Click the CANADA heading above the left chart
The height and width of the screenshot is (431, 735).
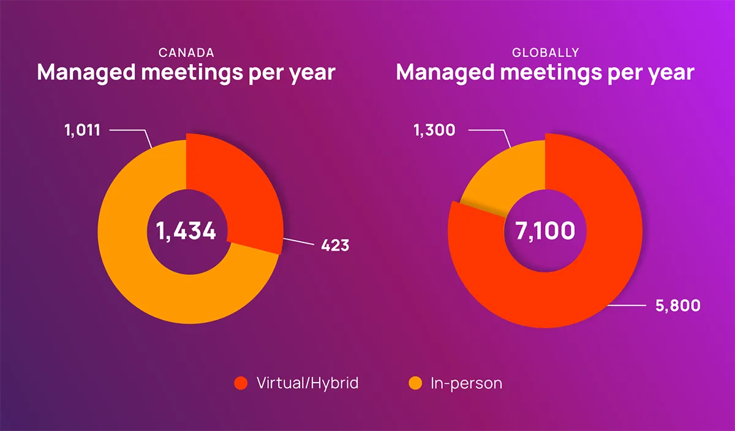(186, 53)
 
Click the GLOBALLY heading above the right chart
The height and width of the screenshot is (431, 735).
(545, 53)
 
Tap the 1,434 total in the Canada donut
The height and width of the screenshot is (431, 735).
(186, 231)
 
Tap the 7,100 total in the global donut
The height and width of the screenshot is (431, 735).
(545, 231)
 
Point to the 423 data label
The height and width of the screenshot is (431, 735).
(335, 246)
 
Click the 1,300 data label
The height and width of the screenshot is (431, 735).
(434, 130)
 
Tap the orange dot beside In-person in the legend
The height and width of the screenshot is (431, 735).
(415, 384)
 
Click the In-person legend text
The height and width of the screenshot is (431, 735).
(467, 384)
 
